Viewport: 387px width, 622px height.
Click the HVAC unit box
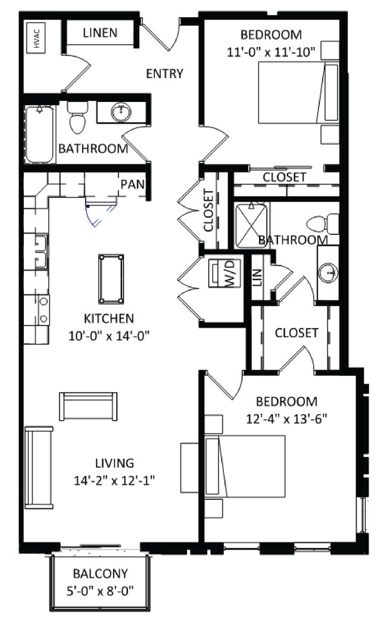pos(36,38)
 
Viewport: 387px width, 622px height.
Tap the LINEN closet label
pos(100,33)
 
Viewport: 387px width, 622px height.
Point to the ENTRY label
pos(164,73)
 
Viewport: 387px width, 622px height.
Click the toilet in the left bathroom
pos(77,117)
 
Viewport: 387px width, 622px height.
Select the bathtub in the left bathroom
pos(40,135)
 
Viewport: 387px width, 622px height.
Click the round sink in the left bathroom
pos(121,112)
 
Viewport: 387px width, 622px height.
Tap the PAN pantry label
pos(132,184)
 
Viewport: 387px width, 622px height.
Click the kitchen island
pos(111,279)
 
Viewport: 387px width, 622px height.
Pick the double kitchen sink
pos(41,252)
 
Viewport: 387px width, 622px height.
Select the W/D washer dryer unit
pos(225,273)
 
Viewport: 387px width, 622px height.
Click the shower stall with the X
pos(251,225)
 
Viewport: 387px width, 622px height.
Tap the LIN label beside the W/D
pos(257,277)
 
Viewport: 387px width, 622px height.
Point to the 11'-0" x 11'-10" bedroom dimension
pos(271,52)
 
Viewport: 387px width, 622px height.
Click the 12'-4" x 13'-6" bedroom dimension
pos(286,419)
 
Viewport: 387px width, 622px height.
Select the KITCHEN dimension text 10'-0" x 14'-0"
pos(109,337)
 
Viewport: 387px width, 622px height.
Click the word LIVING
pos(114,463)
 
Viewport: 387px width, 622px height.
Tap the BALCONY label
pos(100,574)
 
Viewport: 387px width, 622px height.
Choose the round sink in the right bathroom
pos(328,272)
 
